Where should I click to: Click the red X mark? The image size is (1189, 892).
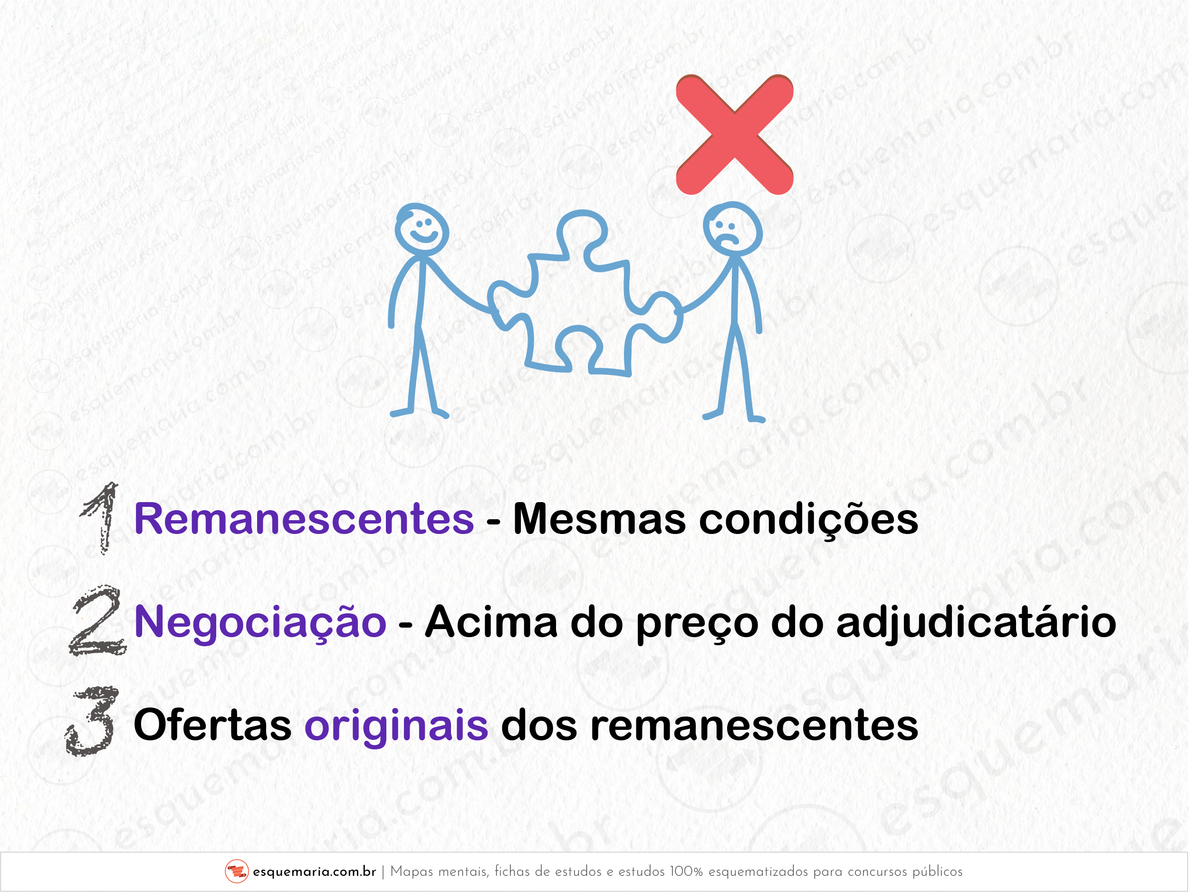pos(734,135)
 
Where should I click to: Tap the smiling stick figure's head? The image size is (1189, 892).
pos(422,226)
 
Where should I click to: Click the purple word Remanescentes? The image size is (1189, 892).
pos(304,519)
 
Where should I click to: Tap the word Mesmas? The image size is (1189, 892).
pos(599,519)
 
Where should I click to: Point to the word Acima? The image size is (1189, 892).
pos(491,621)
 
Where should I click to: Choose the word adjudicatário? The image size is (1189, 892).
pos(976,622)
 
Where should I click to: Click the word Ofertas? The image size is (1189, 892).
pos(213,725)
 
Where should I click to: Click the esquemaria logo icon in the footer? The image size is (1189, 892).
pos(237,871)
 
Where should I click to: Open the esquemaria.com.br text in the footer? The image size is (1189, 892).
pos(315,872)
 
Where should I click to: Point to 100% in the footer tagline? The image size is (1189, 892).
pos(686,872)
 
